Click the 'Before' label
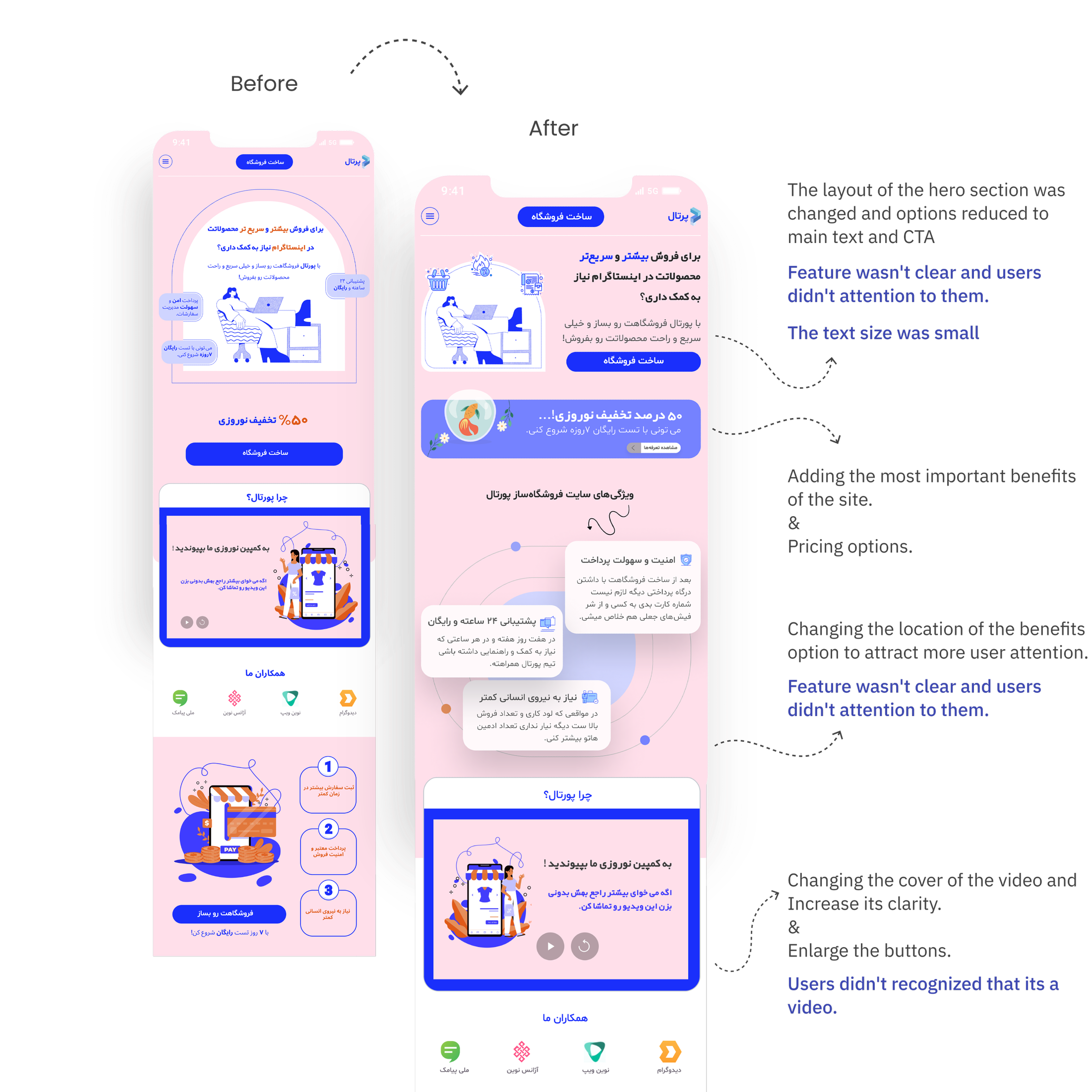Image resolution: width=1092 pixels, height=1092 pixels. click(264, 84)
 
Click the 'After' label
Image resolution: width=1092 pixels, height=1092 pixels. click(553, 129)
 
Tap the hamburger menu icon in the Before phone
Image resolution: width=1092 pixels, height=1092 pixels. click(166, 162)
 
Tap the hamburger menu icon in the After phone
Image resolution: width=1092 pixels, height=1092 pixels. click(430, 216)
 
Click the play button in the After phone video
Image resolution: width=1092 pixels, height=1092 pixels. click(550, 946)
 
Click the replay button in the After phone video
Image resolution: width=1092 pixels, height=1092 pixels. click(585, 946)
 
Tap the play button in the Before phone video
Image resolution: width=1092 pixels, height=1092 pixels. click(187, 622)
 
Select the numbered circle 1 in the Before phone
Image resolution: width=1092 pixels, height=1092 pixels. click(328, 767)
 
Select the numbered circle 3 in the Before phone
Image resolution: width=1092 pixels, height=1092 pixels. click(328, 890)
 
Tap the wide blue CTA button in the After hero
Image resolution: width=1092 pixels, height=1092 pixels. click(633, 361)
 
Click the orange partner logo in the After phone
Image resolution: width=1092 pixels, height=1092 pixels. click(670, 1052)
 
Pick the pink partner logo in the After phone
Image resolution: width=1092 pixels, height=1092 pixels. click(522, 1052)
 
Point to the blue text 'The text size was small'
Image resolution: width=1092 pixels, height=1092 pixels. click(883, 333)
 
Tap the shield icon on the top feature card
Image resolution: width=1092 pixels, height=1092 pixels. click(686, 559)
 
